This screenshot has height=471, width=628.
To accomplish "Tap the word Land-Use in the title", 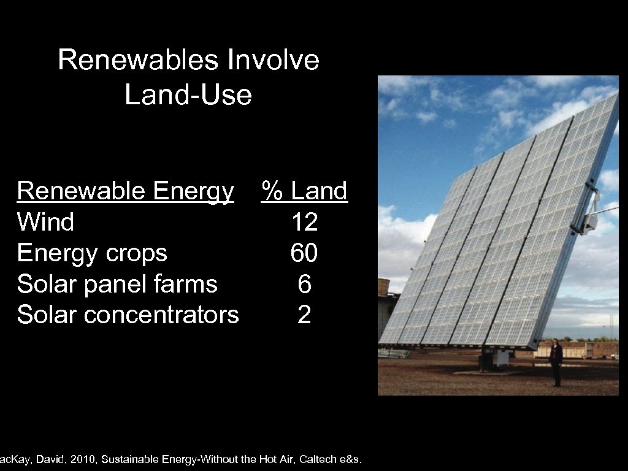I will [188, 95].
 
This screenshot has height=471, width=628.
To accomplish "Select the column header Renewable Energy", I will [126, 192].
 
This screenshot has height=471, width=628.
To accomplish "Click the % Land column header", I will [305, 191].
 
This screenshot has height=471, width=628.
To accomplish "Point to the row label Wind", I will [46, 222].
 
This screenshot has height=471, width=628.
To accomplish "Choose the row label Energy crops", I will [92, 253].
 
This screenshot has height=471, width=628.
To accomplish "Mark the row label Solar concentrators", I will [128, 315].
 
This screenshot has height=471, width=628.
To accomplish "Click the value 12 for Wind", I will [305, 222].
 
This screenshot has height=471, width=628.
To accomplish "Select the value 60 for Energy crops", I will [305, 253].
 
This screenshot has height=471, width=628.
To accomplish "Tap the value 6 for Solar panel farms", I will [305, 284].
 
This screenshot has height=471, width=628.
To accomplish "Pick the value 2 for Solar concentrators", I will [305, 315].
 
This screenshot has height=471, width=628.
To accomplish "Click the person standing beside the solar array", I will [556, 362].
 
